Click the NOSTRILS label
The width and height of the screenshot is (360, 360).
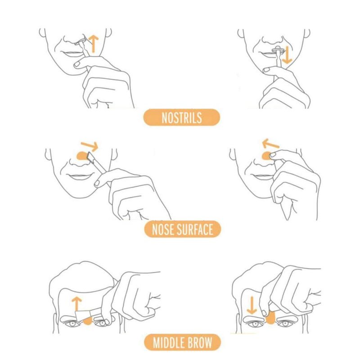click(182, 117)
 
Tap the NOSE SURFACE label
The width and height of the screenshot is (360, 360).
click(183, 229)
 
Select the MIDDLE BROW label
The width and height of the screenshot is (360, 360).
click(183, 342)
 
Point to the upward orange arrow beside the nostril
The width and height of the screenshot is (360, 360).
click(94, 44)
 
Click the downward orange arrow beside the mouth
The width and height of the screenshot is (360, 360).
click(287, 55)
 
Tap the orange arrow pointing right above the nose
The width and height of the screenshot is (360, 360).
click(90, 145)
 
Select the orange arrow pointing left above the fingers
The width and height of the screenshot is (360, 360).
click(270, 144)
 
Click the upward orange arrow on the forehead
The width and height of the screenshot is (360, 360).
click(76, 304)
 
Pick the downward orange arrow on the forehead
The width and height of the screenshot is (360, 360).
click(252, 306)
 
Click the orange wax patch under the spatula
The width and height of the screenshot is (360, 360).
click(83, 156)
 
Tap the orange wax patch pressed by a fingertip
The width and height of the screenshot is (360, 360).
click(267, 156)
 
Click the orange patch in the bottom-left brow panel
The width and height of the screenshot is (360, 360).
click(87, 321)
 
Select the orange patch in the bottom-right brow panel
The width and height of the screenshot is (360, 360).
click(271, 318)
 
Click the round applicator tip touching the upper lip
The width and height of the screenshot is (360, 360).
click(277, 49)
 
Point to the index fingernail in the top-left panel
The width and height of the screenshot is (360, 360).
click(77, 64)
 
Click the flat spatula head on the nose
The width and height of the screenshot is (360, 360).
click(91, 157)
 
